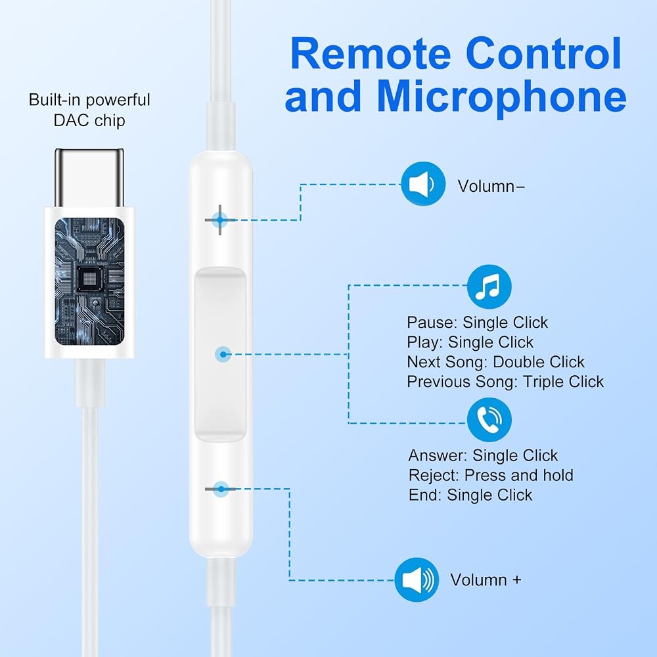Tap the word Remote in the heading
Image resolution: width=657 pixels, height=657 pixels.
pyautogui.click(x=371, y=54)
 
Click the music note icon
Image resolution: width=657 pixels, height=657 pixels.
pyautogui.click(x=489, y=286)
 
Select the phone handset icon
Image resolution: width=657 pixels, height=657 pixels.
pyautogui.click(x=489, y=419)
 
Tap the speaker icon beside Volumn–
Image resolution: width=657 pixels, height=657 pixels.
pyautogui.click(x=422, y=184)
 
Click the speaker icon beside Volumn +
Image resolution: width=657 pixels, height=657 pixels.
pyautogui.click(x=417, y=580)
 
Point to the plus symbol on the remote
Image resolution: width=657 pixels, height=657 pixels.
pyautogui.click(x=219, y=220)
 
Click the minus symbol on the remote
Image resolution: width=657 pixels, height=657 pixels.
pyautogui.click(x=220, y=489)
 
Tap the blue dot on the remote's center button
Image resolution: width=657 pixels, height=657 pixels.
pyautogui.click(x=223, y=355)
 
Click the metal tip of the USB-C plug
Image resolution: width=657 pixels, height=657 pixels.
pyautogui.click(x=89, y=177)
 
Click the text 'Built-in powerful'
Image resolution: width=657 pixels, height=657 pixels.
pyautogui.click(x=89, y=100)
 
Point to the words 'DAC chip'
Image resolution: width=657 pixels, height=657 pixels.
pyautogui.click(x=89, y=121)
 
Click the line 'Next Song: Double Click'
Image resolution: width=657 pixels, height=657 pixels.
pyautogui.click(x=495, y=362)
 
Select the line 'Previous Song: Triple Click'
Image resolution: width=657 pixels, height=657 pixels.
pyautogui.click(x=505, y=382)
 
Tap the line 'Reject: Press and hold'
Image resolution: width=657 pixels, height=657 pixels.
pyautogui.click(x=491, y=476)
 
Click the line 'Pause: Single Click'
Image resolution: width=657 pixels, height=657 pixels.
pyautogui.click(x=477, y=323)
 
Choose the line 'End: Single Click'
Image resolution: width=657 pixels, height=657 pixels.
pyautogui.click(x=470, y=495)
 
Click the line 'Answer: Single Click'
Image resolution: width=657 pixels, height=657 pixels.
pyautogui.click(x=483, y=455)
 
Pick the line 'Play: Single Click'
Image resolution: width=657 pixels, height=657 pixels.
pyautogui.click(x=470, y=342)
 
